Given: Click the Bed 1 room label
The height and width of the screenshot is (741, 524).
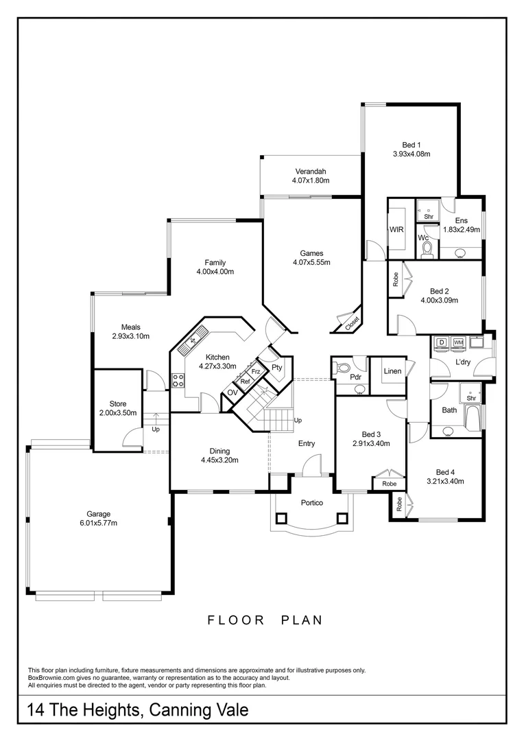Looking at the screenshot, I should click(x=411, y=145).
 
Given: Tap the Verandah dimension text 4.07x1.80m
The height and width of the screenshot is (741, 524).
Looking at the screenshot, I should click(x=311, y=180).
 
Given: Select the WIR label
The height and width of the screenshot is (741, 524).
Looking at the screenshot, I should click(x=396, y=229).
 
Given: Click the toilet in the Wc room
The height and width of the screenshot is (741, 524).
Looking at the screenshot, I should click(x=427, y=249).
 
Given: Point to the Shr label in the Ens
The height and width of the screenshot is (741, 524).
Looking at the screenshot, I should click(x=429, y=217).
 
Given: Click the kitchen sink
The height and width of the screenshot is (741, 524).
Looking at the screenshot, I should click(x=191, y=341).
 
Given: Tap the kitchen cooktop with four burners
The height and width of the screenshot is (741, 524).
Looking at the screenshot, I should click(x=178, y=379).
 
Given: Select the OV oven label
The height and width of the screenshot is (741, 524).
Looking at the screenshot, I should click(x=233, y=392).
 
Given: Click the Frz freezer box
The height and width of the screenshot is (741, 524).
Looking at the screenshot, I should click(x=255, y=371).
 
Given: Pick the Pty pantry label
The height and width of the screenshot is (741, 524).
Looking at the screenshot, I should click(x=276, y=368).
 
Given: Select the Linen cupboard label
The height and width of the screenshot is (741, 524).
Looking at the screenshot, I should click(x=392, y=371).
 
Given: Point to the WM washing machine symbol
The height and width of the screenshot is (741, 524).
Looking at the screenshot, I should click(x=458, y=342).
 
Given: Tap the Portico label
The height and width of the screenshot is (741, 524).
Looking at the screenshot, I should click(x=311, y=502).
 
